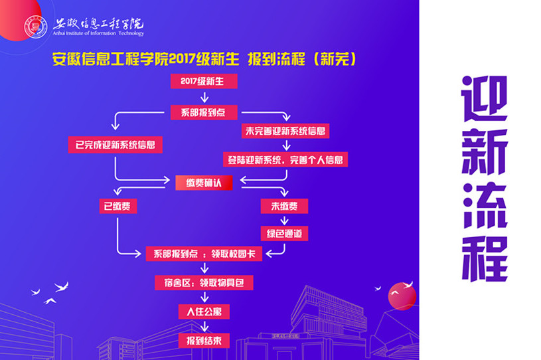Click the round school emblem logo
tap(36, 27)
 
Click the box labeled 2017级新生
tap(204, 81)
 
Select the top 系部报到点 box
tap(204, 112)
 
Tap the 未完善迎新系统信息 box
tap(285, 131)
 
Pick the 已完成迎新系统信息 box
tap(116, 145)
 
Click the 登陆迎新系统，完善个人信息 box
tap(285, 159)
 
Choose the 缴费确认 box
tap(204, 183)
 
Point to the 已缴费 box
tap(118, 206)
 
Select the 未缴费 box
tap(284, 206)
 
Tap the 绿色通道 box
tap(284, 233)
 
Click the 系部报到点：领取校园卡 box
tap(204, 254)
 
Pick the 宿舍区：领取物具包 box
tap(204, 283)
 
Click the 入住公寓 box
tap(204, 312)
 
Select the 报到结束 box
tap(204, 341)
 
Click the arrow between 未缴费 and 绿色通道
tap(284, 221)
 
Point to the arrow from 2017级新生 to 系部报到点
tap(204, 97)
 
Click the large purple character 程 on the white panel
tap(485, 259)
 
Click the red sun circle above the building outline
tap(402, 296)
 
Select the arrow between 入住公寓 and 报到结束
tap(204, 326)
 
